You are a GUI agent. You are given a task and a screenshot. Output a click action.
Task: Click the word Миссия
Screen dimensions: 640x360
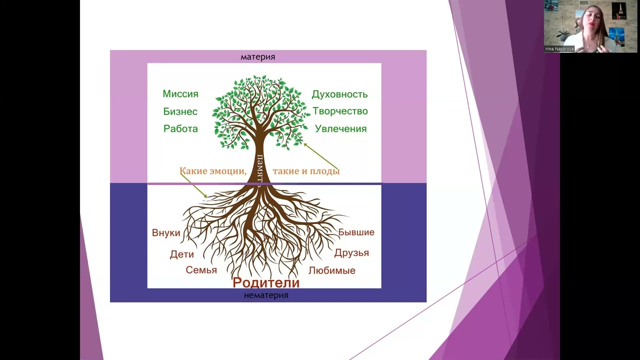click(x=180, y=94)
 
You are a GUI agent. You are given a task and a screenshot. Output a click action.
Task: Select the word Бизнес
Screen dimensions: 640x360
click(x=180, y=111)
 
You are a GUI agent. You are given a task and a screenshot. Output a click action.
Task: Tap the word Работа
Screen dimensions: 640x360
click(x=180, y=128)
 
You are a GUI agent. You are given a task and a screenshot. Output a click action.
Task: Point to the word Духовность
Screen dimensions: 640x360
click(x=339, y=94)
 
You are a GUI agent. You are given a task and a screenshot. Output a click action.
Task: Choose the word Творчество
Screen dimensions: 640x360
click(x=340, y=111)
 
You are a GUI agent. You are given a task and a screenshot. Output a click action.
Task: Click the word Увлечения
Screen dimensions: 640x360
click(x=340, y=128)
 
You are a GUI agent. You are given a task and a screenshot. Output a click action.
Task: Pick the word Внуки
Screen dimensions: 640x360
click(x=166, y=233)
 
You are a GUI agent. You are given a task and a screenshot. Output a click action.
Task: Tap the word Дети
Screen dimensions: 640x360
click(x=181, y=254)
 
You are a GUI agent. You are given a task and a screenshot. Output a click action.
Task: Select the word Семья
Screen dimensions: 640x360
click(x=201, y=270)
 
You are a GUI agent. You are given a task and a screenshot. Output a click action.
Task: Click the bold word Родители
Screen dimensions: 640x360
click(x=266, y=282)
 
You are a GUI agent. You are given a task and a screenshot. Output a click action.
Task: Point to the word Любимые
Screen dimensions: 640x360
click(x=331, y=270)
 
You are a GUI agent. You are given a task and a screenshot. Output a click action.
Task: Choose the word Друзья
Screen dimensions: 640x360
click(x=351, y=252)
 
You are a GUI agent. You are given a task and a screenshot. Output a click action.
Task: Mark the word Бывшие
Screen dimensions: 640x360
click(x=356, y=232)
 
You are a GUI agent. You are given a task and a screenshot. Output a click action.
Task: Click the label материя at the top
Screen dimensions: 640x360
click(x=257, y=56)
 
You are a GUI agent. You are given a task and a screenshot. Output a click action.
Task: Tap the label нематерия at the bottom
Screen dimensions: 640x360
click(x=266, y=295)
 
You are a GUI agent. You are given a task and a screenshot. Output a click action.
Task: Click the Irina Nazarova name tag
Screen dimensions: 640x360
click(x=559, y=49)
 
